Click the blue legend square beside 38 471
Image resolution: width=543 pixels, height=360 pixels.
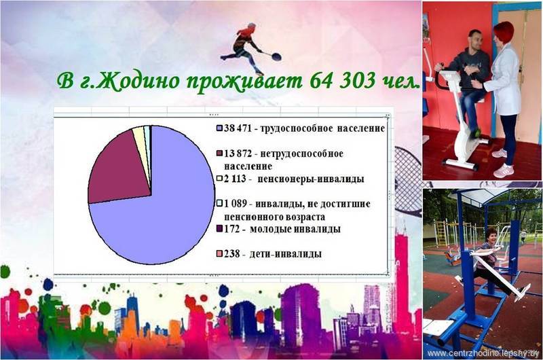tap(219, 128)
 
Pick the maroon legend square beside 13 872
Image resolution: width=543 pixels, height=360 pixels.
tap(219, 154)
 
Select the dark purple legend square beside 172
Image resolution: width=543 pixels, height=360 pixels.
tap(219, 229)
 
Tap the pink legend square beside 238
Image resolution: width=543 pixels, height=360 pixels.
tap(219, 254)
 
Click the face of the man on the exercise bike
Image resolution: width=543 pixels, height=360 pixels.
tap(474, 41)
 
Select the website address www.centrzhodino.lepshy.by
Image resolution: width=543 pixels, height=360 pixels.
tap(483, 353)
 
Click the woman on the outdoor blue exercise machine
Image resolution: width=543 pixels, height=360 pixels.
tap(491, 260)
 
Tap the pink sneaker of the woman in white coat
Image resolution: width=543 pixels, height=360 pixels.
tap(503, 170)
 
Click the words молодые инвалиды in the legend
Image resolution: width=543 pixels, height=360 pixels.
tap(295, 229)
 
